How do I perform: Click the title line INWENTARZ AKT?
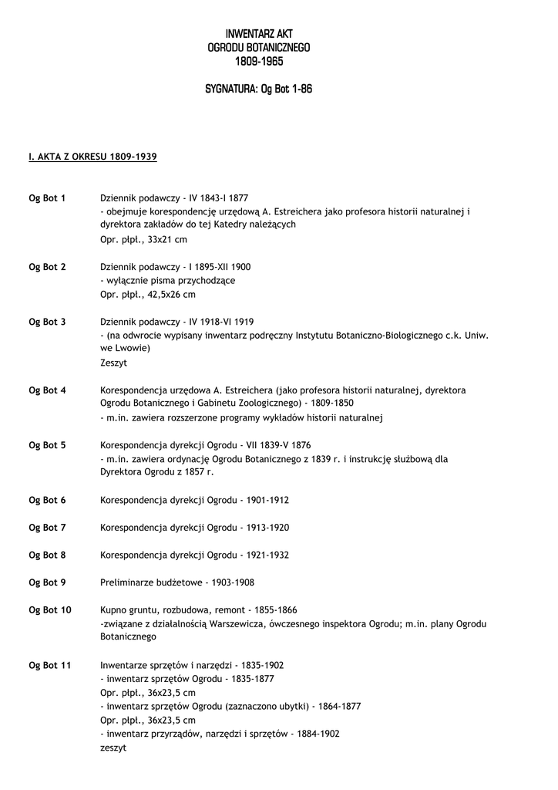click(259, 34)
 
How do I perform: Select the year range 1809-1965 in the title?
click(259, 61)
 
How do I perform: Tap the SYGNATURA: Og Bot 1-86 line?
click(259, 89)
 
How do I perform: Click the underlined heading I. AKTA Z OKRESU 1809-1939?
click(92, 157)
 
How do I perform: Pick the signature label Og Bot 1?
click(47, 198)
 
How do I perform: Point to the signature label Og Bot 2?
click(47, 267)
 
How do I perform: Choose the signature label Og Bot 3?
click(47, 322)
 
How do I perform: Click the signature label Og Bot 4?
click(47, 390)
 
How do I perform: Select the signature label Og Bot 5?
click(47, 445)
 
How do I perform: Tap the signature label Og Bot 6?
click(47, 500)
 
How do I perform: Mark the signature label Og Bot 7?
click(47, 528)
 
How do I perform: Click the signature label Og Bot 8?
click(47, 555)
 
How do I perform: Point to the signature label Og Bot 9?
click(47, 582)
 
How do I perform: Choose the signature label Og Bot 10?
click(50, 610)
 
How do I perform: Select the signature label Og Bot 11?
click(50, 665)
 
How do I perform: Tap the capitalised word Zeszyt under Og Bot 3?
click(113, 362)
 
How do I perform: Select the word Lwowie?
click(133, 348)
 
